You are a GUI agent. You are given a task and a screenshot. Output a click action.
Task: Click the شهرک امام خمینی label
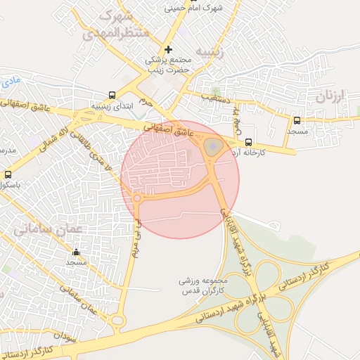coord(193,8)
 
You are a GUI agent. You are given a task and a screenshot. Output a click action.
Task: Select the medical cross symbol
coord(167,49)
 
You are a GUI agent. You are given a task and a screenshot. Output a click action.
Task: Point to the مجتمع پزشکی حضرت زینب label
coord(168,65)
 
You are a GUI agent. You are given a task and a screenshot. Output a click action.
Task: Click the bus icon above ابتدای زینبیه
coord(112,95)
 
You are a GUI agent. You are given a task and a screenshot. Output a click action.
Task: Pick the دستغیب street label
coord(215,97)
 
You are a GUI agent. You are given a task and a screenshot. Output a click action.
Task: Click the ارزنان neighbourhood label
coord(332,96)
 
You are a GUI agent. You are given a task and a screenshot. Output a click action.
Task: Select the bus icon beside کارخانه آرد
coord(248,141)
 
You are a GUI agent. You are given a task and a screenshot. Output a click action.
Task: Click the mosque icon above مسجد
coord(76,252)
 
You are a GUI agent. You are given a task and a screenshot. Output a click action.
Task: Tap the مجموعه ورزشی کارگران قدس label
coord(201,285)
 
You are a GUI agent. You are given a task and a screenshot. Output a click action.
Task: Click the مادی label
coord(12,82)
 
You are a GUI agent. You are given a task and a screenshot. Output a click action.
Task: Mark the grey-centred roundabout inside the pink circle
coord(214,146)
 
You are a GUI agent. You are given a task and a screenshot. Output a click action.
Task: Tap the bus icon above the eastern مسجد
coord(297,120)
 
